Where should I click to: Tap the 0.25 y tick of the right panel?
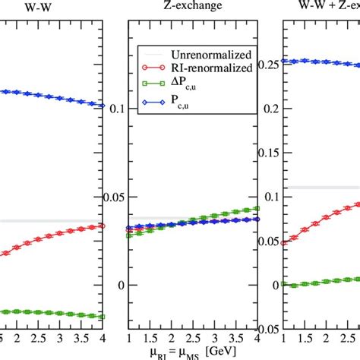(x=269, y=62)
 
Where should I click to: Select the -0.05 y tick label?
(x=266, y=330)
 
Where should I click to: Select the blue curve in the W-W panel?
(x=46, y=96)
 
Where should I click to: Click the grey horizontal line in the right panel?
(x=319, y=187)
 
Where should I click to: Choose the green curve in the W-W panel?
(x=46, y=312)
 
